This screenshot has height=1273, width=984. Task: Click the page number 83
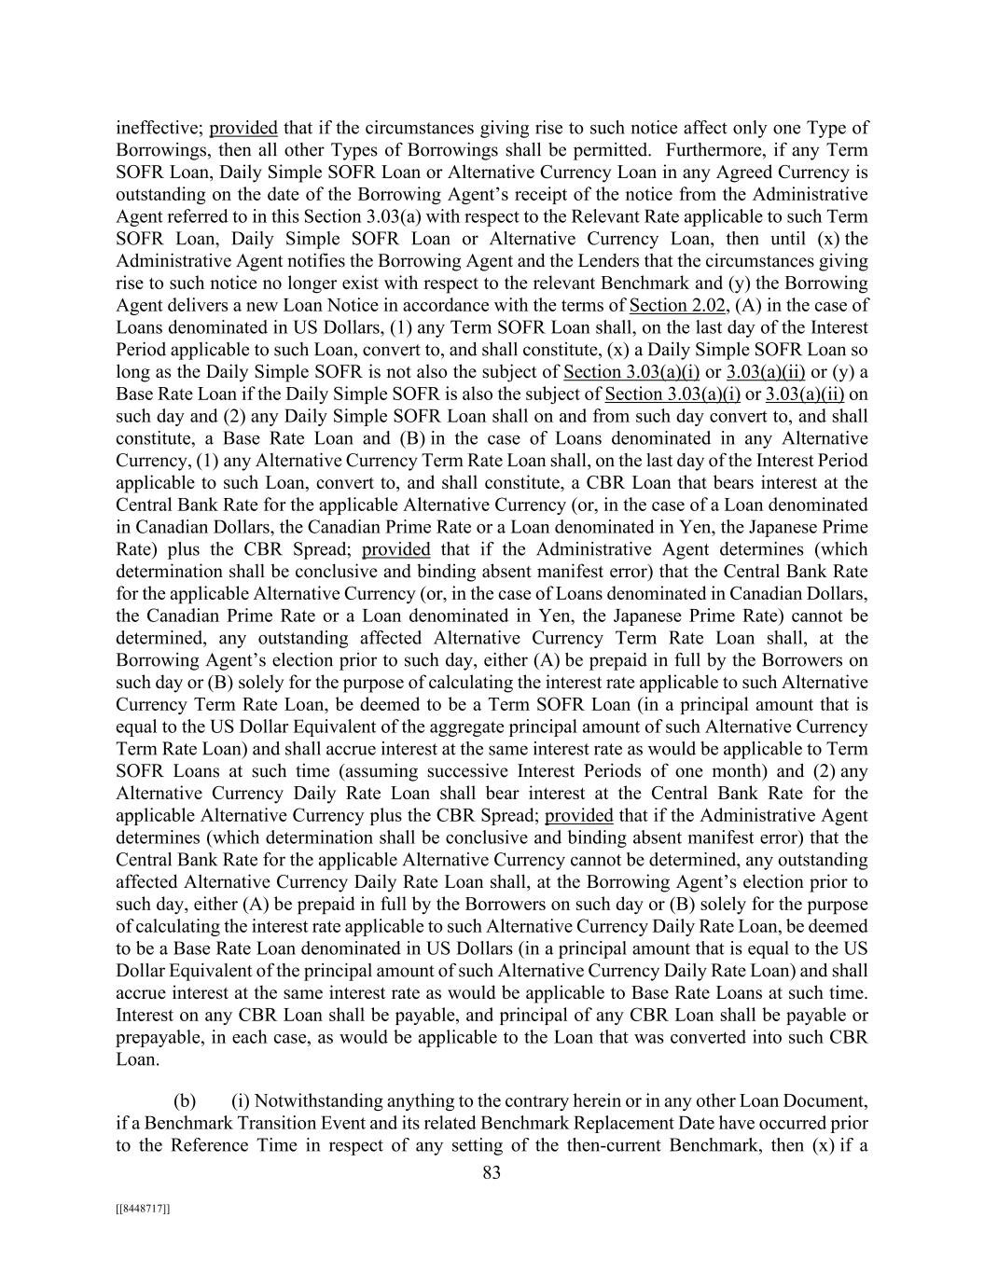tap(492, 1173)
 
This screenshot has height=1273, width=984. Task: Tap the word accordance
tap(470, 305)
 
